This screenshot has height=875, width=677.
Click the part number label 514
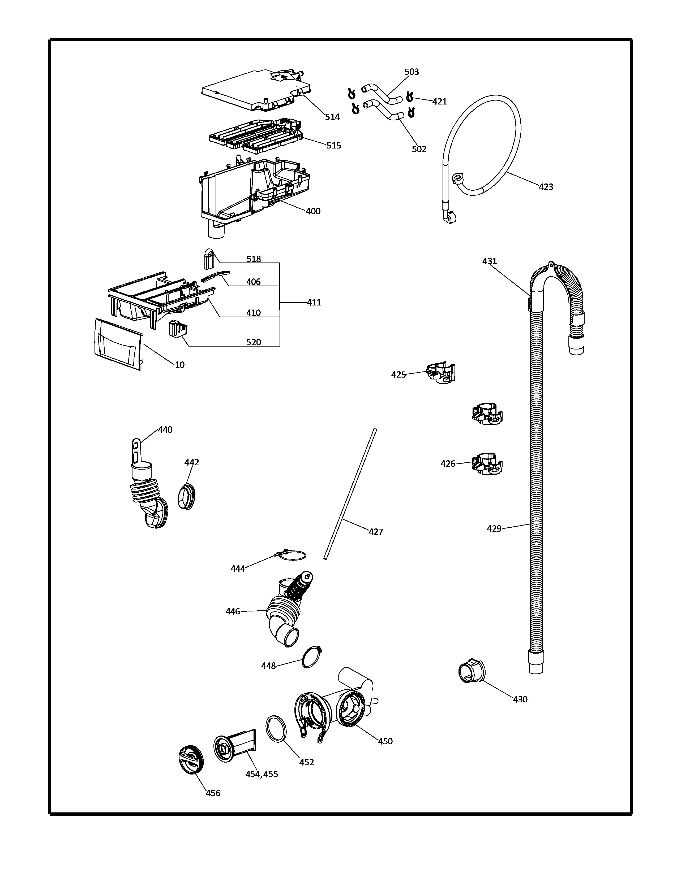332,117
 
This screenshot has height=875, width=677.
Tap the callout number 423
546,187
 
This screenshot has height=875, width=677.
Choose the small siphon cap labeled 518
208,259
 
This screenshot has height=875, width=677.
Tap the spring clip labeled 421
409,97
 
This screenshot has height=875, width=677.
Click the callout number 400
313,211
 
